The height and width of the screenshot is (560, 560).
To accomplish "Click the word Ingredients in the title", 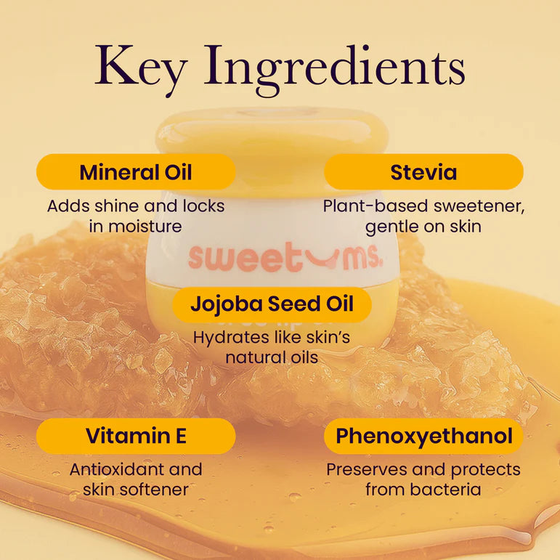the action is tap(335, 70).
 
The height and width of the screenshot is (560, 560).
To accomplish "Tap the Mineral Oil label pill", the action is tap(136, 172).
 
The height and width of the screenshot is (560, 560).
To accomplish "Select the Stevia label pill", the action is tap(423, 172).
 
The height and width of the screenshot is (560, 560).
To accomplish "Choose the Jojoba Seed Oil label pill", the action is tap(272, 304).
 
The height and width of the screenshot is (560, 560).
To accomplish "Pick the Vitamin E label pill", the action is tap(136, 436).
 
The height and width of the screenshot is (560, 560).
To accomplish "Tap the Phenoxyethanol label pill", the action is tap(423, 436).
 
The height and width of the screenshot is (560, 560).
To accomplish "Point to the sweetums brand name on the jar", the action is tap(285, 256).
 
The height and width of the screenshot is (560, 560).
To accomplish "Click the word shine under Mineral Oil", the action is tap(118, 206).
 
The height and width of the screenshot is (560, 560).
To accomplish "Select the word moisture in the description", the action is tap(145, 227).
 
